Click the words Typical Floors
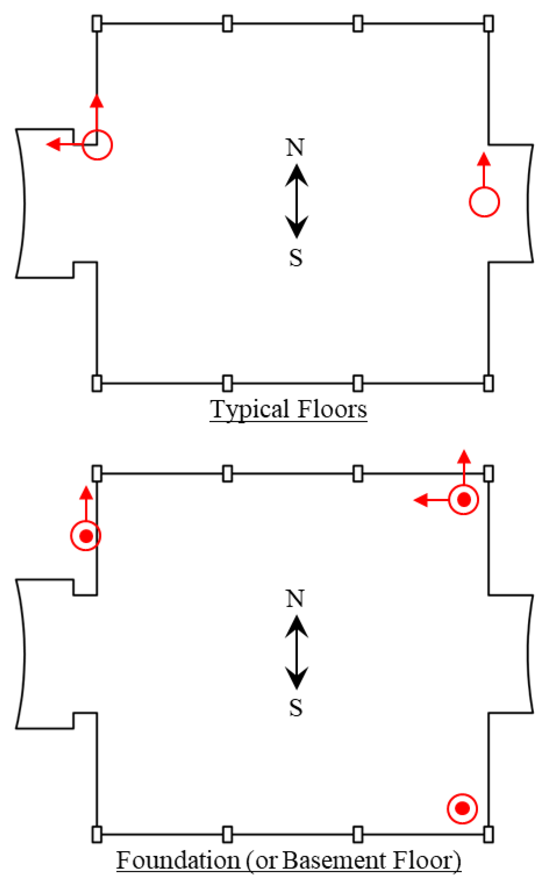[x=288, y=409]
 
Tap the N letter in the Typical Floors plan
[x=295, y=148]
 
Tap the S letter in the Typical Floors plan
[x=296, y=258]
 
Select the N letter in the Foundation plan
[x=295, y=599]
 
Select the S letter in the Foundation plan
[x=296, y=708]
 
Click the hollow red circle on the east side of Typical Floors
[x=484, y=202]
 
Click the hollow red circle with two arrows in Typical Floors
[x=97, y=145]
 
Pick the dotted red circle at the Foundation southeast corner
[x=462, y=808]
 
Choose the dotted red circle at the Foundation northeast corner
[x=464, y=500]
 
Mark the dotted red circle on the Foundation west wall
[x=86, y=536]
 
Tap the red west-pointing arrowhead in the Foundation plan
[x=421, y=500]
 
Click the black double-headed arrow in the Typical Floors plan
[x=297, y=201]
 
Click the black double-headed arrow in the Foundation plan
[x=297, y=653]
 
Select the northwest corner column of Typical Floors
[x=97, y=24]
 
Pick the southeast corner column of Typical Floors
[x=489, y=383]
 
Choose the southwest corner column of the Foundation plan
[x=97, y=834]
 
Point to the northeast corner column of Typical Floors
[x=489, y=24]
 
